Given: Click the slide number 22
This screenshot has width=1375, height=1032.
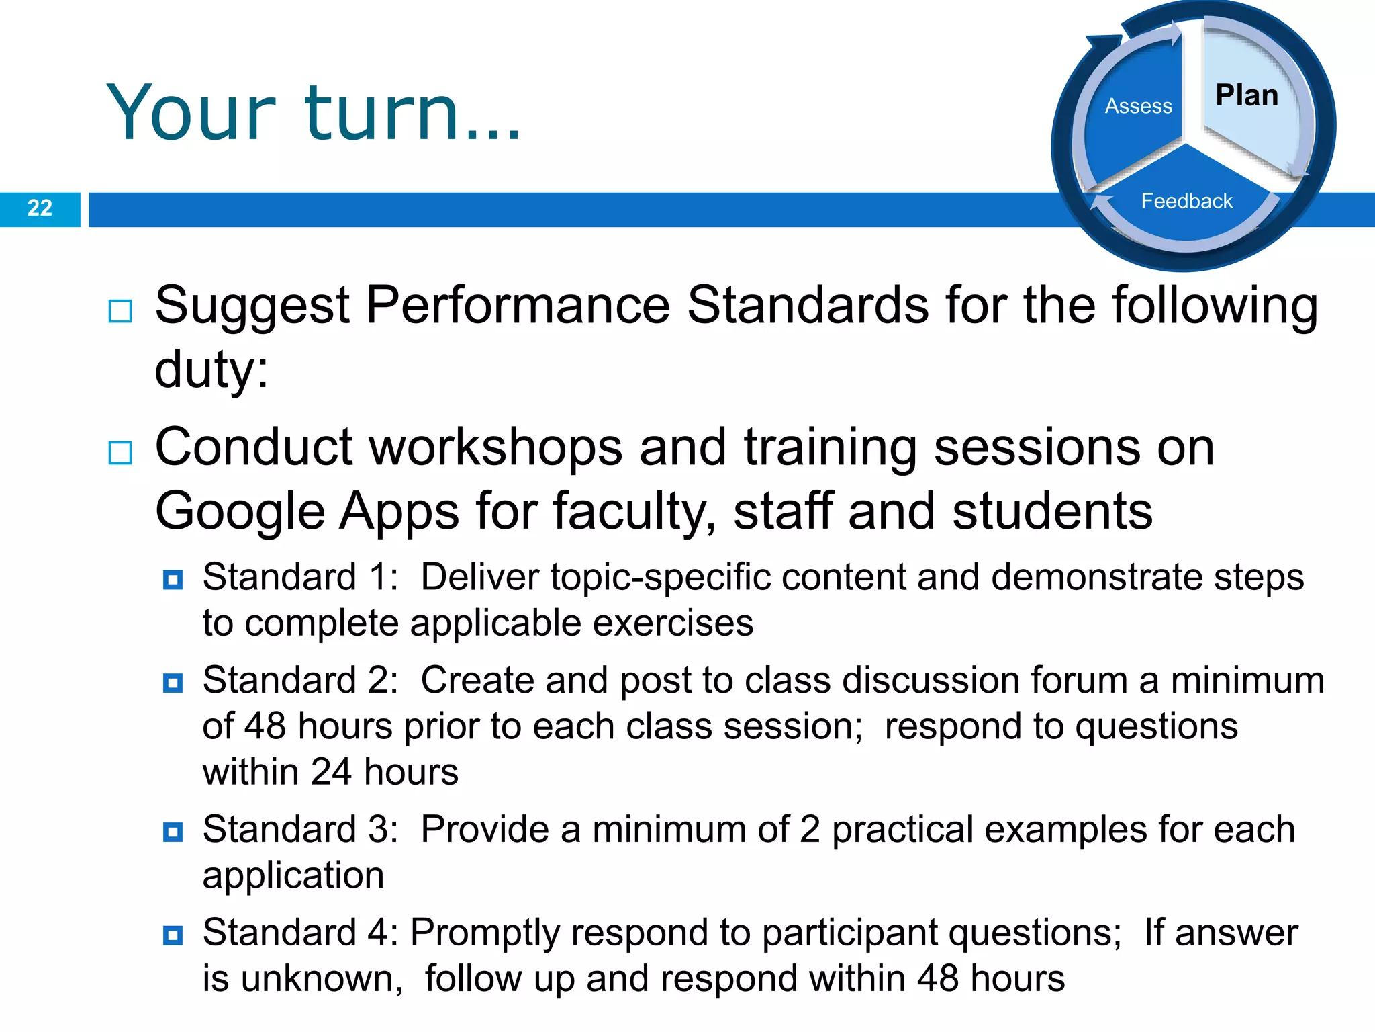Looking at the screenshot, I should [40, 208].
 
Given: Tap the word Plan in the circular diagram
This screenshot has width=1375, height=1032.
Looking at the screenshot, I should [1247, 95].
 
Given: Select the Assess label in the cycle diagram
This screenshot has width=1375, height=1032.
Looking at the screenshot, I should [1138, 106].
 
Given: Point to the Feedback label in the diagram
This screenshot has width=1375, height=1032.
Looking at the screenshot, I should [1186, 201].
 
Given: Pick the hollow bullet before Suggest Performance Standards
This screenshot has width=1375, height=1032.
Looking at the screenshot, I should [120, 311].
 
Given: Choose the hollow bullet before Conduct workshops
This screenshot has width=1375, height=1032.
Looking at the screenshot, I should [120, 453].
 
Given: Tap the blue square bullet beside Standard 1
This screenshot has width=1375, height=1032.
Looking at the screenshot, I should [173, 579].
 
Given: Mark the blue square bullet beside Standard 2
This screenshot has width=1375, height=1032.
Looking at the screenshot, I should [173, 683].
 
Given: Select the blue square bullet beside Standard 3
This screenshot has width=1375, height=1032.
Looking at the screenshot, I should [173, 832].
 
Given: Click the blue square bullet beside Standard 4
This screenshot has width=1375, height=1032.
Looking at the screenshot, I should [173, 935].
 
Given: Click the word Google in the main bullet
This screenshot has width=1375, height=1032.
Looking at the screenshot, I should [240, 512].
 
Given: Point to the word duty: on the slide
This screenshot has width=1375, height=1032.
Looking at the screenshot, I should [211, 369].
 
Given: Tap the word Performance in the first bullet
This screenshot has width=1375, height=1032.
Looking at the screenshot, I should [518, 306].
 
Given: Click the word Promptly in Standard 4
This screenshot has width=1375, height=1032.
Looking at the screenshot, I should [485, 933].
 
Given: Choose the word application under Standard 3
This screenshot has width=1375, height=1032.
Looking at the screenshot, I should [293, 875].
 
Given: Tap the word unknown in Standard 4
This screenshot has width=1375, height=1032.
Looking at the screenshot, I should [321, 979].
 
